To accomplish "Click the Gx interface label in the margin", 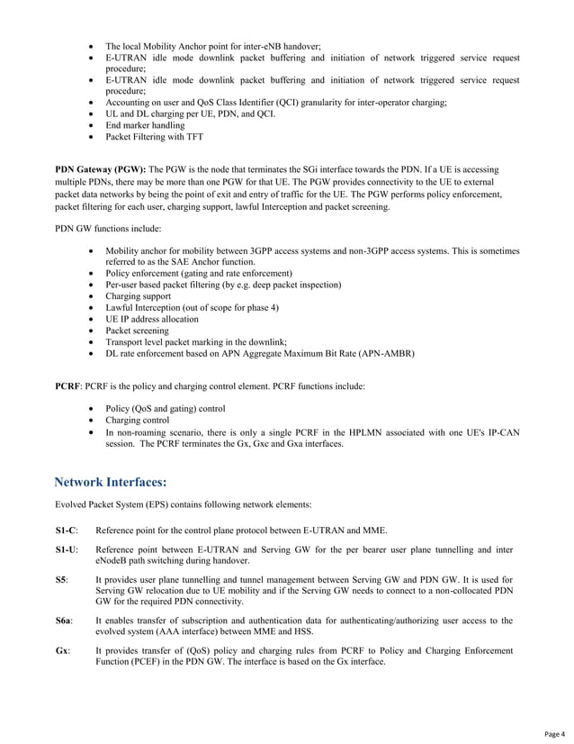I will (x=62, y=649).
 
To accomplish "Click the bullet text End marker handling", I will (x=145, y=126).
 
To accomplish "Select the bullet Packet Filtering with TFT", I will (x=154, y=138).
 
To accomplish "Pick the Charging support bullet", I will (x=138, y=295).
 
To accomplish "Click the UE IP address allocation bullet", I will (x=152, y=319).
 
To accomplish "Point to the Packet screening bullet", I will (x=137, y=331).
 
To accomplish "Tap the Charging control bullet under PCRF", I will (x=137, y=419).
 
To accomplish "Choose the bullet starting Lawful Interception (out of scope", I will (x=192, y=307).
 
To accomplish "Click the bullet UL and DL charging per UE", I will (x=191, y=114).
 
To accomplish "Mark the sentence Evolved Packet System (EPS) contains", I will (x=183, y=504).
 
